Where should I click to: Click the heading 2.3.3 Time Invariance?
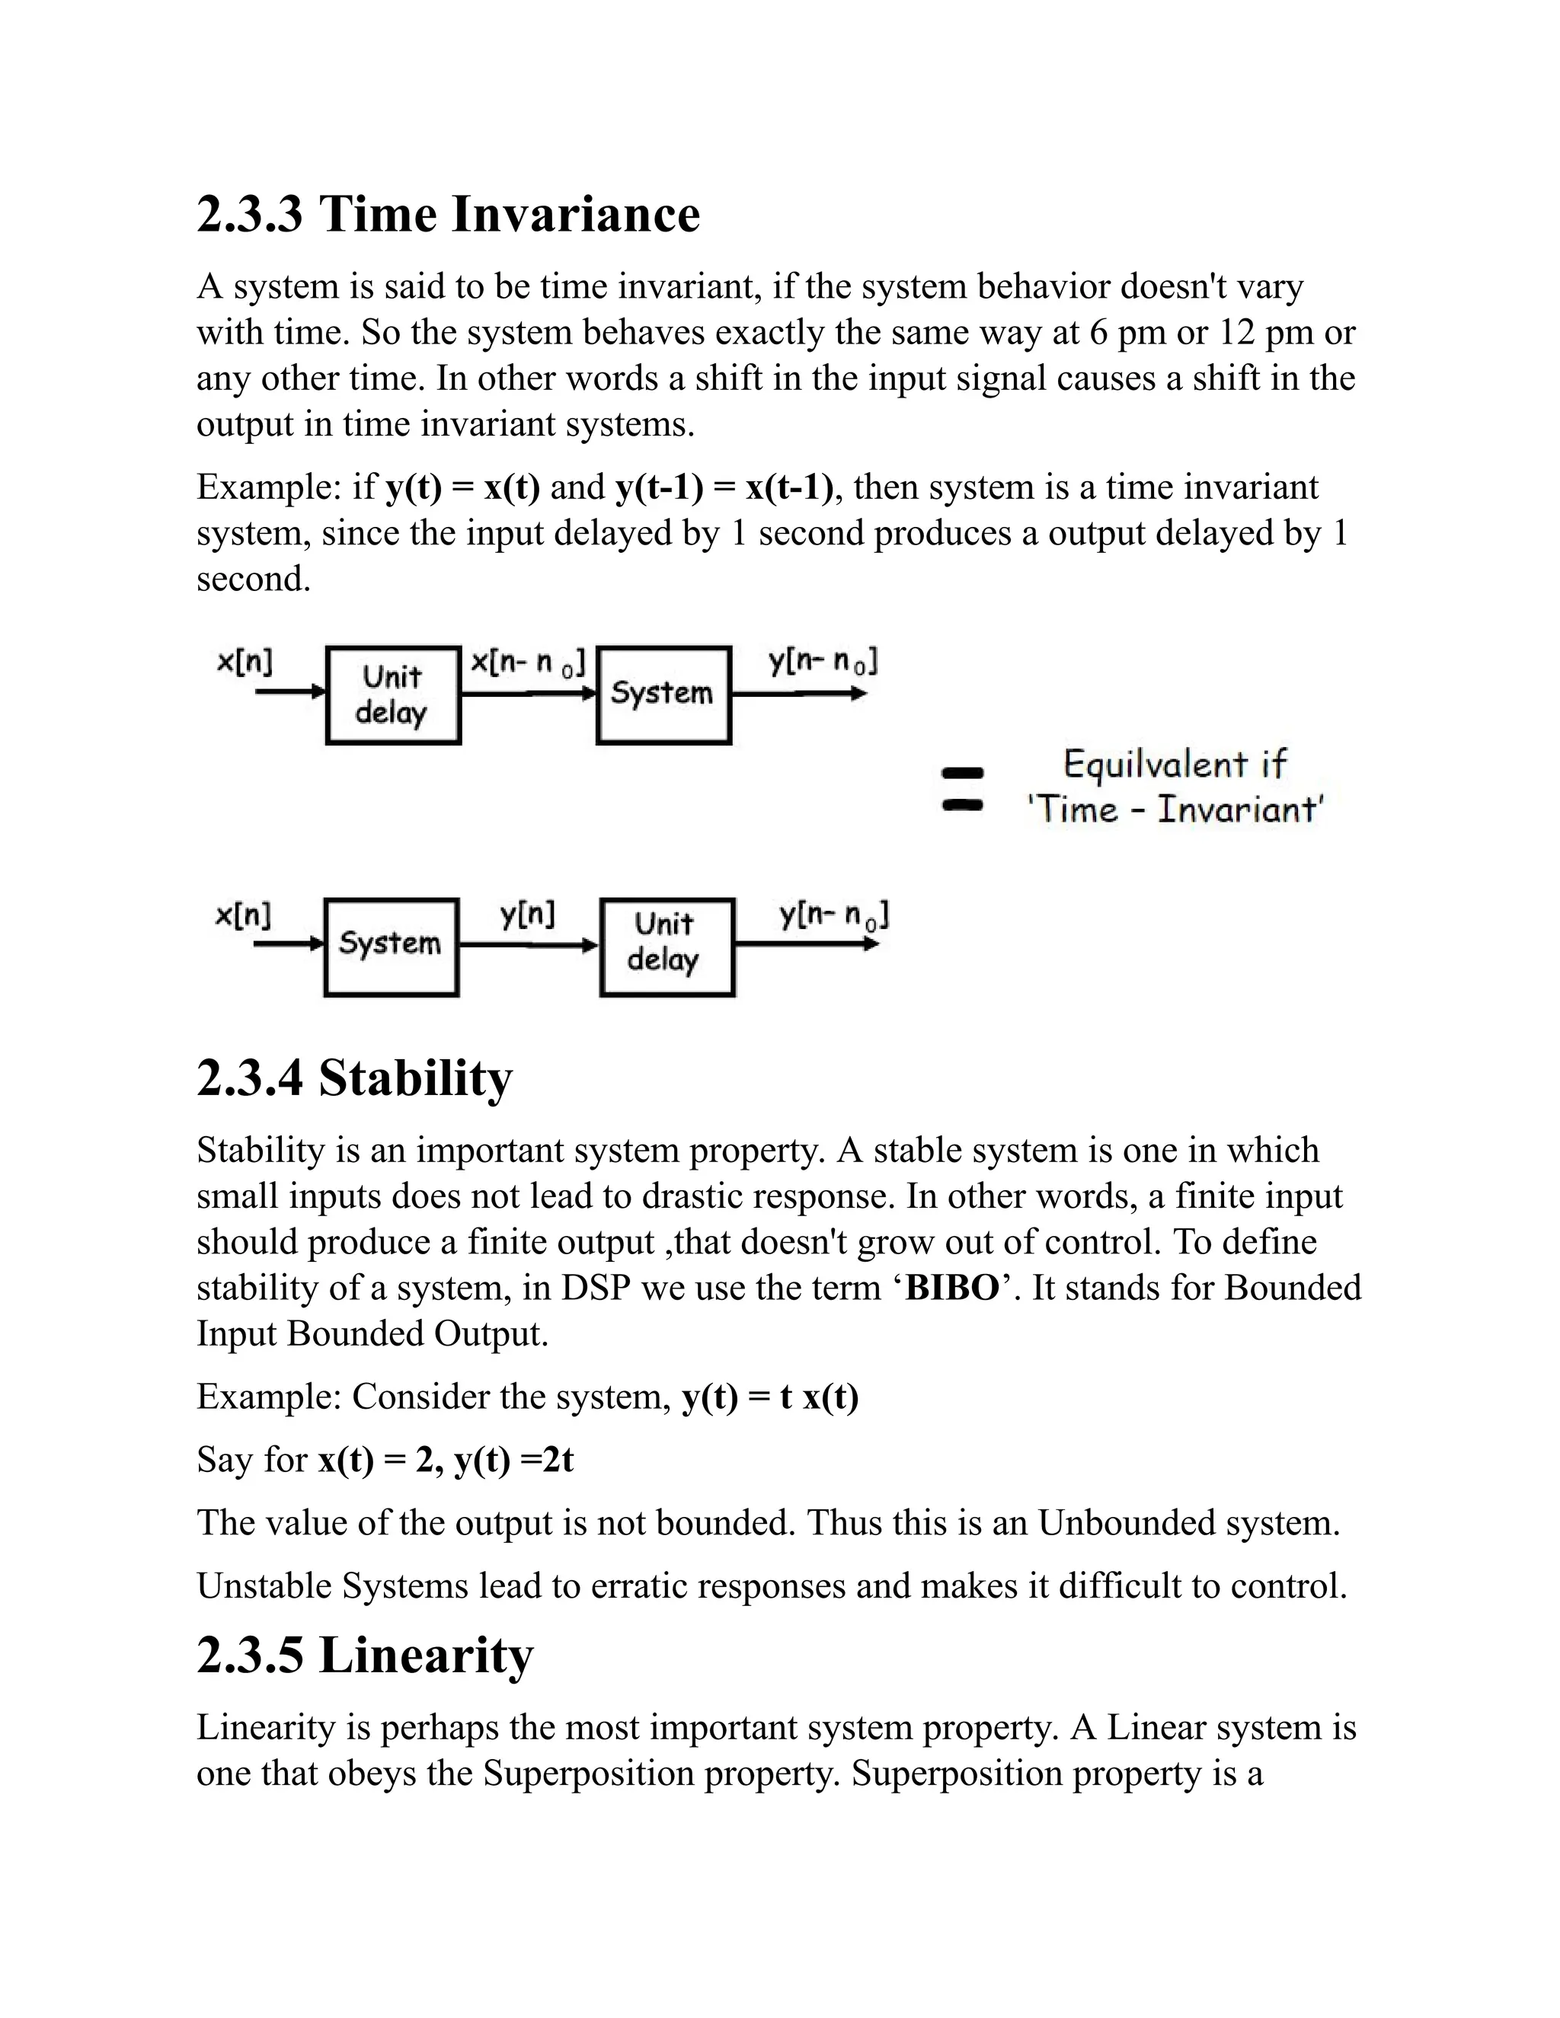coord(448,215)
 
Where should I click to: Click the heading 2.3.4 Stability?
coord(354,1078)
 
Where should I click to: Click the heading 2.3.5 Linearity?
coord(365,1655)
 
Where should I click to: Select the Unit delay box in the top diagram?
coord(393,694)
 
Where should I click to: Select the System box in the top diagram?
coord(663,694)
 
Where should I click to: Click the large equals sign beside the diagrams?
coord(962,788)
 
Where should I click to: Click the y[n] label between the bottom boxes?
coord(528,915)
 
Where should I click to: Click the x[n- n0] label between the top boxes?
coord(528,663)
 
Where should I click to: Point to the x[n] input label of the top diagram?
coord(245,662)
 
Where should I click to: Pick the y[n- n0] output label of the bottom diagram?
coord(833,915)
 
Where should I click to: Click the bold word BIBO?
coord(952,1288)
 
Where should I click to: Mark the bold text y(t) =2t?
coord(514,1460)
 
